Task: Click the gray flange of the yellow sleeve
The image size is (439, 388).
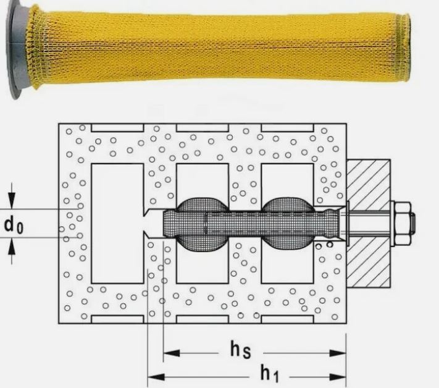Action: pos(18,49)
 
